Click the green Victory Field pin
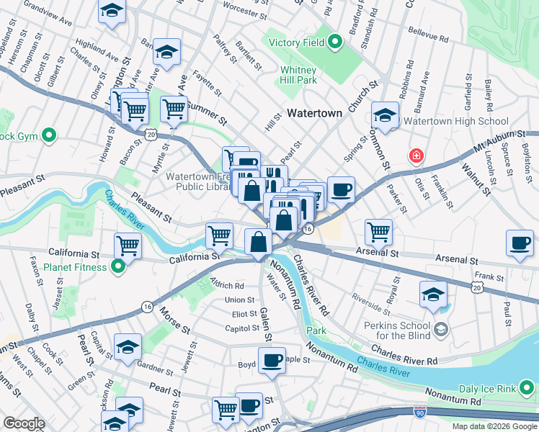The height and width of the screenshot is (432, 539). (x=334, y=42)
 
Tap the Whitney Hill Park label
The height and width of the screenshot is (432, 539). (x=298, y=75)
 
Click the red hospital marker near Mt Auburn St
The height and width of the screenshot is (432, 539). (x=416, y=156)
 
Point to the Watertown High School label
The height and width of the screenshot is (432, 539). (x=455, y=122)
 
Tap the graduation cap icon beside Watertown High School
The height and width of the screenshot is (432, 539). (x=386, y=115)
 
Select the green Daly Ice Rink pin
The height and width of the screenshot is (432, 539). (x=527, y=389)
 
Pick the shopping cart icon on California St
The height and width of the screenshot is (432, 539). (x=128, y=245)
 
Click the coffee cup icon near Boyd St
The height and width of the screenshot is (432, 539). (x=272, y=359)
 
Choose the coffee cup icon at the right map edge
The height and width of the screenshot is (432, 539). (x=520, y=242)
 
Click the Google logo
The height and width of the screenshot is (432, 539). (x=24, y=423)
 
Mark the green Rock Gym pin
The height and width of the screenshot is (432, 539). (x=48, y=135)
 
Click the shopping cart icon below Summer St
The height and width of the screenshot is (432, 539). (x=174, y=109)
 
